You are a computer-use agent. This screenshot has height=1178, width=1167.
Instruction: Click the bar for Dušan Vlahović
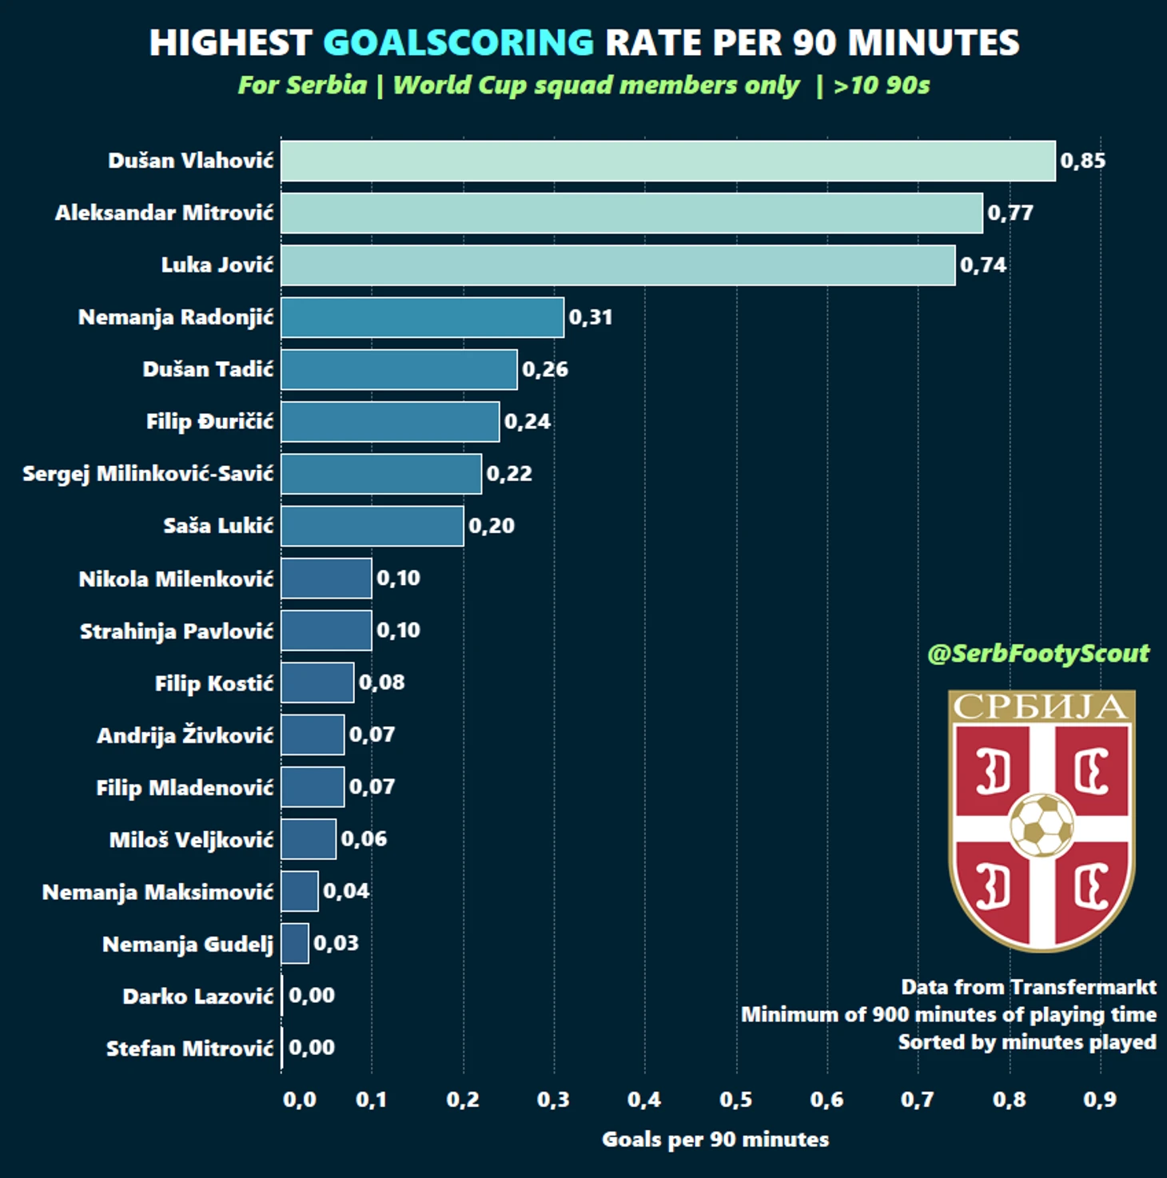[x=667, y=161]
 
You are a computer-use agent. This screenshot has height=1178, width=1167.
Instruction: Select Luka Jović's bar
[x=617, y=265]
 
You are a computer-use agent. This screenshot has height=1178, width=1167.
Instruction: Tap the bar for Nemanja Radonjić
[x=422, y=317]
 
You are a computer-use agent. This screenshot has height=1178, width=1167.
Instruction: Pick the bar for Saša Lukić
[x=372, y=526]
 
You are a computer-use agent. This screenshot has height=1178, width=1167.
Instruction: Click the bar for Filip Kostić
[x=317, y=683]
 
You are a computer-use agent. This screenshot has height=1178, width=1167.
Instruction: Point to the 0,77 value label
[x=1010, y=213]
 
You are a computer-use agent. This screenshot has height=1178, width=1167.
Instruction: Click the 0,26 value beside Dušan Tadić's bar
[x=545, y=369]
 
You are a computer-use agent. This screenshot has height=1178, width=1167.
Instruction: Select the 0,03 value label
[x=336, y=943]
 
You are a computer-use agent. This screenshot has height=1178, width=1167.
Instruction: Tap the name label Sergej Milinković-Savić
[x=148, y=474]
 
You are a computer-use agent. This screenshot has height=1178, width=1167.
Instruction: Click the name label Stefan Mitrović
[x=189, y=1049]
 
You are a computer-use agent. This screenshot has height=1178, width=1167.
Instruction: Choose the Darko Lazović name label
[x=197, y=997]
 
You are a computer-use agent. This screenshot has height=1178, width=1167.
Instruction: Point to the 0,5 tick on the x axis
[x=735, y=1100]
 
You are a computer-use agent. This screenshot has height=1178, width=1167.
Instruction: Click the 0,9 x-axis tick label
[x=1100, y=1100]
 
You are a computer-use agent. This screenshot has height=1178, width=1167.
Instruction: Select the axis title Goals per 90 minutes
[x=715, y=1140]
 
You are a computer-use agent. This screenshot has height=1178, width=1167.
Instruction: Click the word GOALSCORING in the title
[x=459, y=43]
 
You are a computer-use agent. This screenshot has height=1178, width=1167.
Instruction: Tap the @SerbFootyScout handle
[x=1038, y=654]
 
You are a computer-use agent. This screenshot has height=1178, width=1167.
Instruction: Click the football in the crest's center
[x=1042, y=825]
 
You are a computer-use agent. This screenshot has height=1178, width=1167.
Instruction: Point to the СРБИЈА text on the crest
[x=1041, y=706]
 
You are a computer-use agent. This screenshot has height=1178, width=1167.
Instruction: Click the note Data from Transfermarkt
[x=1028, y=987]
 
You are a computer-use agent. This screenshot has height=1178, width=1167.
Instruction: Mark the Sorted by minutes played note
[x=1026, y=1042]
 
